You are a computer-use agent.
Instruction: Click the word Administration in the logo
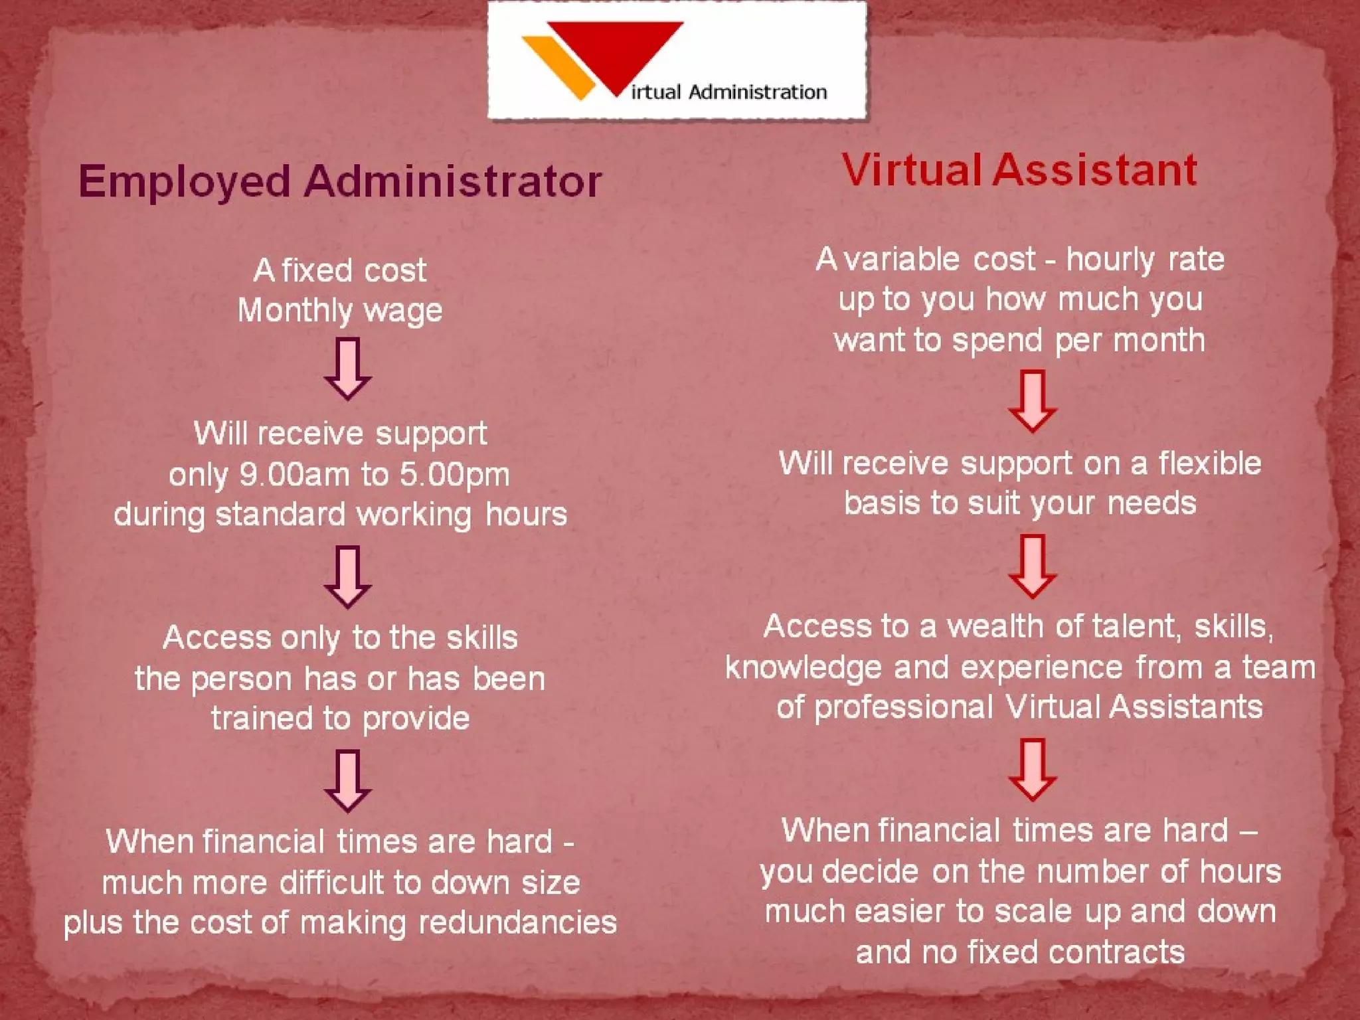click(x=758, y=92)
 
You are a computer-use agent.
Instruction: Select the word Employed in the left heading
click(x=185, y=182)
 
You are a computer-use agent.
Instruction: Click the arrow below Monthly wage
click(x=347, y=369)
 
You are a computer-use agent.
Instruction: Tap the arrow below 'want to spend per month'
click(x=1032, y=402)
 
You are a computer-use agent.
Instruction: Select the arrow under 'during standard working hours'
click(x=347, y=576)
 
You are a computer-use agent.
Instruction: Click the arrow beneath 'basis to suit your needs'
click(x=1032, y=566)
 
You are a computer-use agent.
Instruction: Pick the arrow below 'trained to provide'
click(x=347, y=781)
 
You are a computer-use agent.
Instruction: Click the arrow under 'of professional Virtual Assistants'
click(x=1032, y=770)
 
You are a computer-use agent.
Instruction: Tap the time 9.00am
click(x=294, y=475)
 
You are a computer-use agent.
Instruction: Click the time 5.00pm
click(x=455, y=475)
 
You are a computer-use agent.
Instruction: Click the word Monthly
click(x=295, y=311)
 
